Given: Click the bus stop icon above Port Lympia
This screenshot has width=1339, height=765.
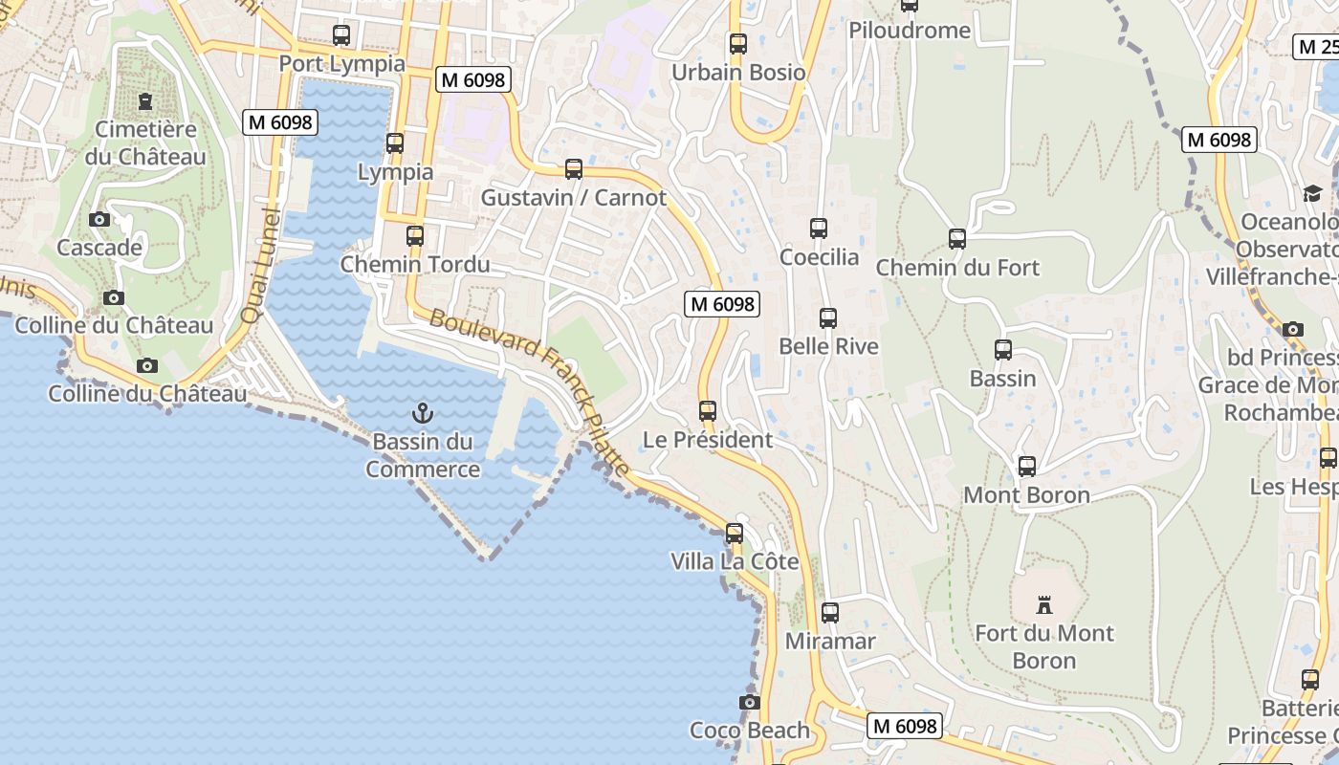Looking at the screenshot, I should click(x=341, y=35).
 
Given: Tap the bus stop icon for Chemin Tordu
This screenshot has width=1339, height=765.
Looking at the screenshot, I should click(x=414, y=235).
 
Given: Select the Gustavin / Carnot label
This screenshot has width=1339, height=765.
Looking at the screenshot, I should click(x=573, y=198).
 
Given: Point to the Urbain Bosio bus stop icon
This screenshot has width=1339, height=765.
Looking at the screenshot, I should click(x=737, y=44).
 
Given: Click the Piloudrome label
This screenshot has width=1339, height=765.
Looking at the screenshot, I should click(x=910, y=31).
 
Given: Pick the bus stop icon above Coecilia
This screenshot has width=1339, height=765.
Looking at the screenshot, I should click(x=819, y=228).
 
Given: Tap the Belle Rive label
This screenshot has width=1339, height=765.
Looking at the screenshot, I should click(x=828, y=346).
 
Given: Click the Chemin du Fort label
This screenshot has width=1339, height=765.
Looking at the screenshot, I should click(x=957, y=268).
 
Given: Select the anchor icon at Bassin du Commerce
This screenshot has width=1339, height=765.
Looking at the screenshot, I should click(x=422, y=413).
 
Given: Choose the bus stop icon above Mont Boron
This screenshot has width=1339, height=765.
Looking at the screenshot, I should click(x=1027, y=467).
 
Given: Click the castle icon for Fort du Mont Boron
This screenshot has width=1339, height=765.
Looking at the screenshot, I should click(x=1043, y=604).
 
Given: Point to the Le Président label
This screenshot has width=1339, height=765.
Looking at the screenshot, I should click(x=707, y=440).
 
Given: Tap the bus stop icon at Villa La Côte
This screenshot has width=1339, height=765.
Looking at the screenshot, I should click(x=735, y=533).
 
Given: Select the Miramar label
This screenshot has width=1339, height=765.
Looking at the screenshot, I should click(x=830, y=641).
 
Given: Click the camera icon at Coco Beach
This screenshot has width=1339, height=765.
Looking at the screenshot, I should click(x=750, y=703).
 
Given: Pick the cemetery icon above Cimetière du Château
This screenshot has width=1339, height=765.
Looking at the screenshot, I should click(x=145, y=100).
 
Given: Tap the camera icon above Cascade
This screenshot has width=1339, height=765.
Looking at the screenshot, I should click(x=99, y=220).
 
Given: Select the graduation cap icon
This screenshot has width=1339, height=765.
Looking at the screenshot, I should click(x=1312, y=194).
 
